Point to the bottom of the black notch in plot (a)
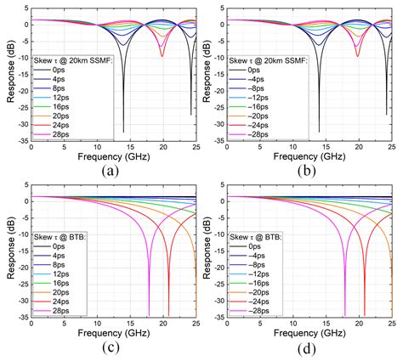123,131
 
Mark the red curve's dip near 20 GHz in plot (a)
162,56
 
